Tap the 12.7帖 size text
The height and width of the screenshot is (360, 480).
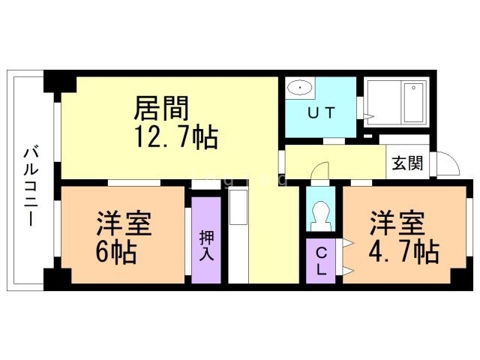pos(177,137)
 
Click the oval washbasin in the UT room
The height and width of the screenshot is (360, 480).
pos(300,89)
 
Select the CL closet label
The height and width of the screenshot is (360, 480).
pos(321,261)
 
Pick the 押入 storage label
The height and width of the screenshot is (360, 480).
pos(207,245)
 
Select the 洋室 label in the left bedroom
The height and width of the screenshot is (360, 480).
pos(124,224)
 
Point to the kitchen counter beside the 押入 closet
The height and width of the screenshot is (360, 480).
pos(238,236)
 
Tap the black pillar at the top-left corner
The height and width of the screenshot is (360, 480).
pos(52,81)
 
